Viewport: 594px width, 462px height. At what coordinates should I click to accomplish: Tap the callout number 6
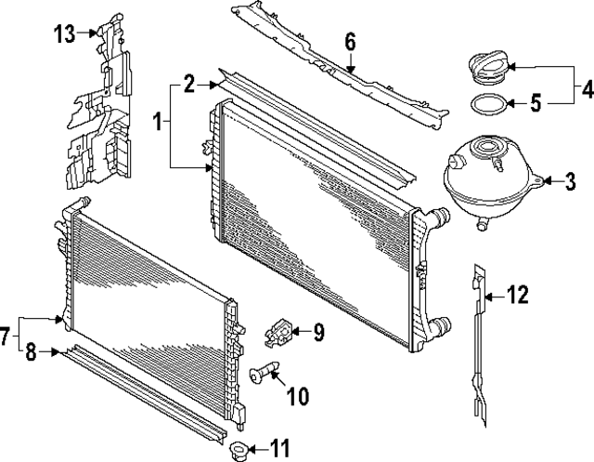click(350, 42)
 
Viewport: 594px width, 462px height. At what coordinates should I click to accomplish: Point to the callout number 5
click(536, 104)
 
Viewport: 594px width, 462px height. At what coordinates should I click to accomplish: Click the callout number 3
click(571, 180)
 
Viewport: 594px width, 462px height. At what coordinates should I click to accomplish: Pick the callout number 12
click(518, 297)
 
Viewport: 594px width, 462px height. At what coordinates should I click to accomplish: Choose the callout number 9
click(317, 330)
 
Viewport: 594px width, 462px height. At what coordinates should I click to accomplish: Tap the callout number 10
click(297, 397)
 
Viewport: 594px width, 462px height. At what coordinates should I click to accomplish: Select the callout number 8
click(31, 352)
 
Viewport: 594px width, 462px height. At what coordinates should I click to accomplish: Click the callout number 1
click(159, 122)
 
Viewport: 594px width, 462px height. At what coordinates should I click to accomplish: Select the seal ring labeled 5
click(487, 104)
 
